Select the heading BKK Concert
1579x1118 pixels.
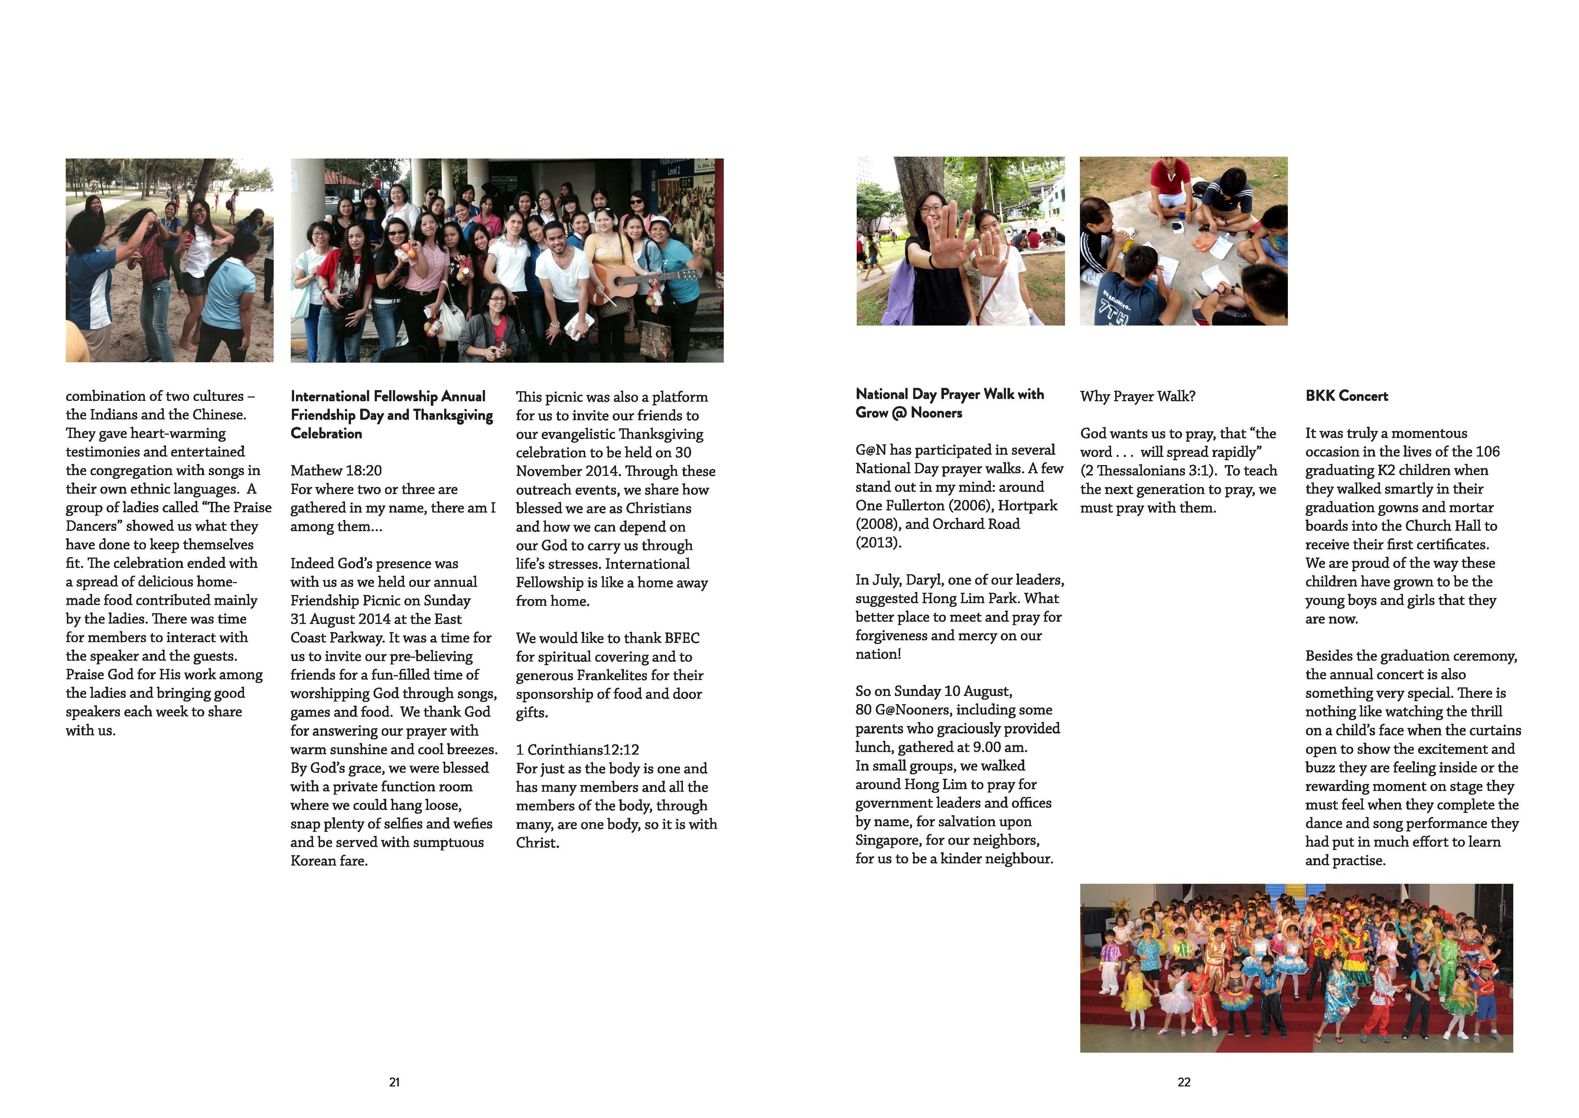pos(1346,396)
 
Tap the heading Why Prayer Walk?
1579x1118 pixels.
pos(1137,396)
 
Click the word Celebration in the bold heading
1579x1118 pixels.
pos(326,434)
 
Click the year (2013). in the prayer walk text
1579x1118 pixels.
pos(878,542)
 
